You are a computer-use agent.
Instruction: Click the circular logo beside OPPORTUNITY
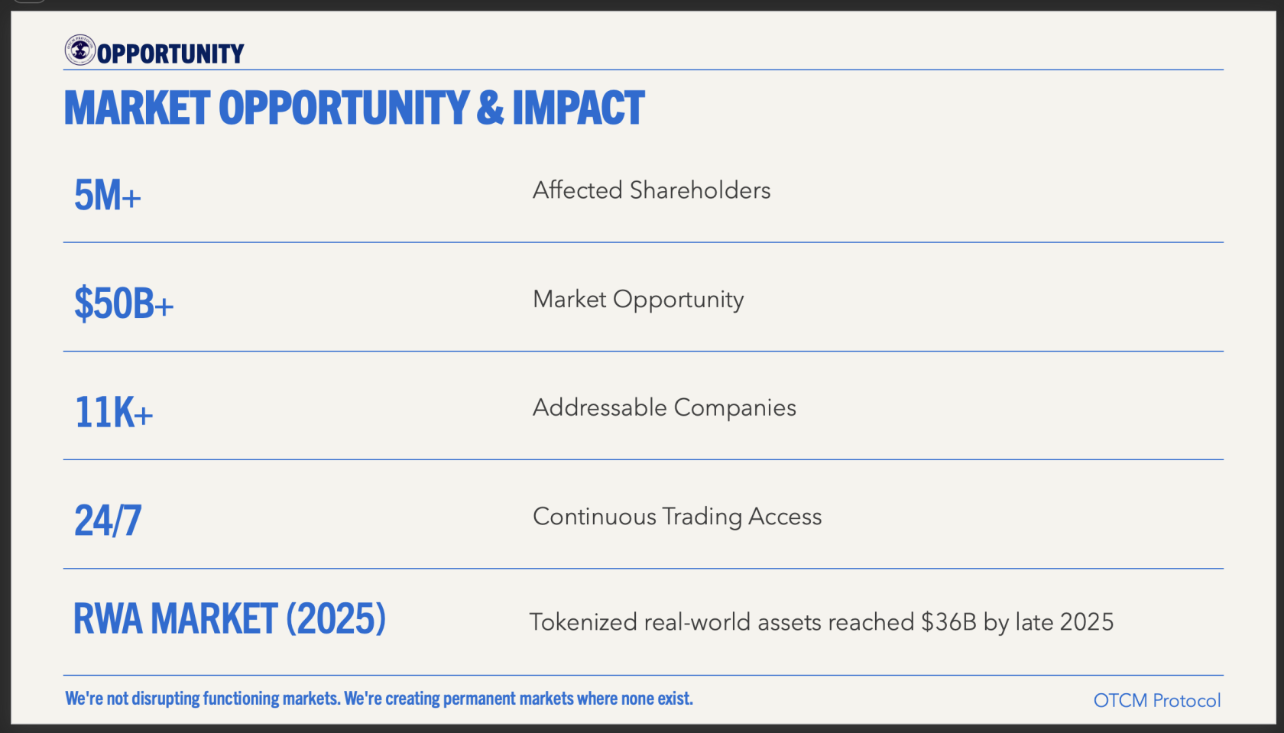(79, 50)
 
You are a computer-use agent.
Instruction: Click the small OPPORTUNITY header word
(170, 54)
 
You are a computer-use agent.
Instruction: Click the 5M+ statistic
(107, 195)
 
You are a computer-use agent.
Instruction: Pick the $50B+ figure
(123, 303)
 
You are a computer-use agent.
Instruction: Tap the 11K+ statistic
(113, 412)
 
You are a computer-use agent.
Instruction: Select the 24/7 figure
(108, 521)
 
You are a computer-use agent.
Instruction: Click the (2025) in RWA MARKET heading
(336, 618)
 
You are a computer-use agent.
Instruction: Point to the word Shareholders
(700, 190)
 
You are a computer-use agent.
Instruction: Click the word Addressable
(599, 407)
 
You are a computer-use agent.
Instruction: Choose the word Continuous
(595, 517)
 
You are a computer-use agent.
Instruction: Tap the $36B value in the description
(948, 622)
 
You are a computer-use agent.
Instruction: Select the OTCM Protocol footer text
(1157, 700)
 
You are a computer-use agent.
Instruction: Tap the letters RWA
(108, 618)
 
